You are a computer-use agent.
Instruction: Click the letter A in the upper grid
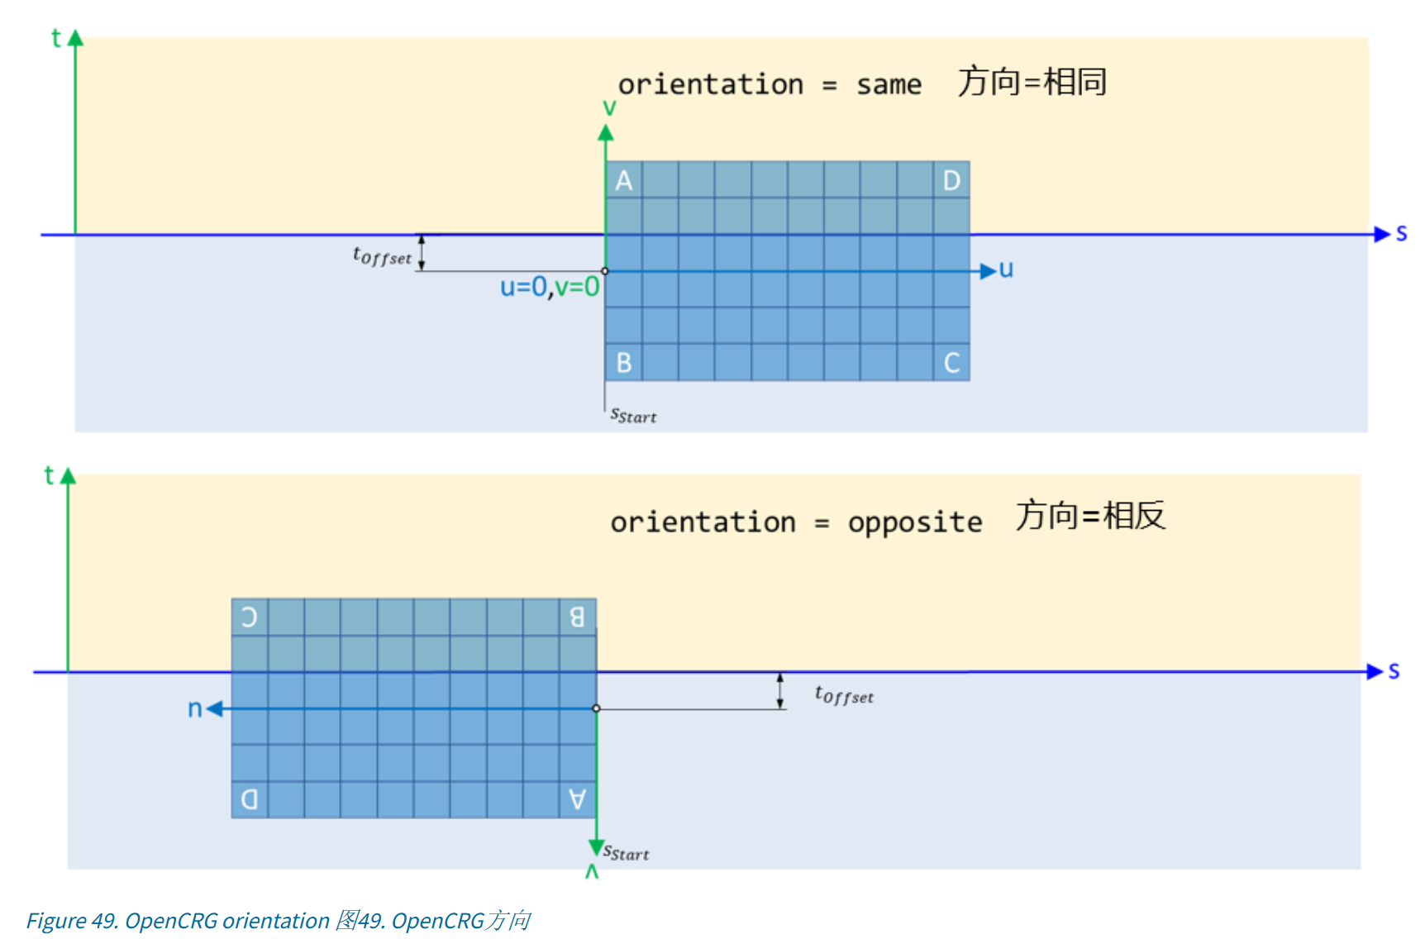(624, 180)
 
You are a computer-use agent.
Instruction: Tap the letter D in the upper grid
(951, 180)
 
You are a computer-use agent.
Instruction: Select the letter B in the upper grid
(624, 363)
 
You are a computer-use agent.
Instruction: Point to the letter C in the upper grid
(951, 363)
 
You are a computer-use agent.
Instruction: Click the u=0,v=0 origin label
(549, 287)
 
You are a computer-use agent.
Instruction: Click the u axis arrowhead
(988, 271)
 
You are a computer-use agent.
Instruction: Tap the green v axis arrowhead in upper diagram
(606, 133)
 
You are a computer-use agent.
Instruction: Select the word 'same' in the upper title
(889, 84)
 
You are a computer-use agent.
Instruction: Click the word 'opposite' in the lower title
(915, 522)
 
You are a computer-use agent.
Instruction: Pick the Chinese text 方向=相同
(1032, 82)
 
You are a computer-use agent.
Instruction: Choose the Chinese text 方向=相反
(1090, 516)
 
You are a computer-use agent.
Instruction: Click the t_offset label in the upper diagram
(382, 256)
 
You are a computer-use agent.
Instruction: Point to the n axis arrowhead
(215, 708)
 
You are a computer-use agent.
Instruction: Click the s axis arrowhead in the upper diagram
(1381, 235)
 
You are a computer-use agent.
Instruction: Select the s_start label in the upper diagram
(633, 415)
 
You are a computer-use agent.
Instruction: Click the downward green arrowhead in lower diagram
(596, 847)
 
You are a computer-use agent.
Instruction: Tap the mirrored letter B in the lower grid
(577, 617)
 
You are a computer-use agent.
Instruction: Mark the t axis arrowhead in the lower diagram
(69, 476)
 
